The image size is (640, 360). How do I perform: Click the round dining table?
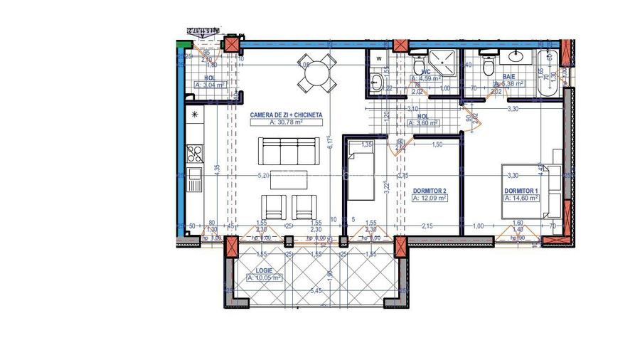[x=317, y=72]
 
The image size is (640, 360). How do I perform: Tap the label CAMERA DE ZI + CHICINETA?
[x=287, y=114]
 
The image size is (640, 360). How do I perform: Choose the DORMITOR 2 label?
[x=430, y=191]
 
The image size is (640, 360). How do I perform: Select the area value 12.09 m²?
[x=430, y=199]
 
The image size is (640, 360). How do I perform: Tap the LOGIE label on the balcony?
[x=265, y=270]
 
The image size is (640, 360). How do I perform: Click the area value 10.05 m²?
[x=265, y=278]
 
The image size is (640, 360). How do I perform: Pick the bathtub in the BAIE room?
[x=545, y=75]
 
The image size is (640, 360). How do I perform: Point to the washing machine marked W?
[x=379, y=58]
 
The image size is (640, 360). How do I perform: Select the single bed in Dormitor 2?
[x=359, y=171]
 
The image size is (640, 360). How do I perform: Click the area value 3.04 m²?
[x=210, y=85]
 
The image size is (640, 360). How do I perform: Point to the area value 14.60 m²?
[x=521, y=199]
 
